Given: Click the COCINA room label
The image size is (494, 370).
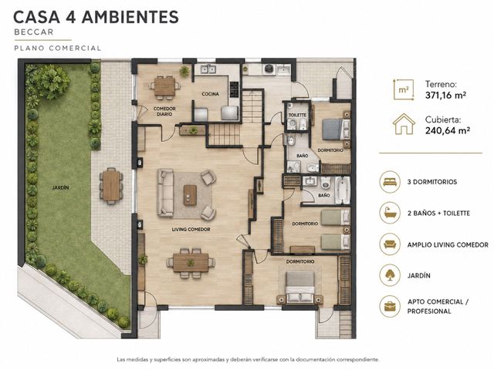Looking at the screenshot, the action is click(x=210, y=94).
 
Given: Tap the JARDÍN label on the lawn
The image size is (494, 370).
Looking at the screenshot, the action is click(x=60, y=188).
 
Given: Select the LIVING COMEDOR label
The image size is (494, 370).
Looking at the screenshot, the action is click(x=191, y=230).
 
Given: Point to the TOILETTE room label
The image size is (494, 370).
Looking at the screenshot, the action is click(x=297, y=115).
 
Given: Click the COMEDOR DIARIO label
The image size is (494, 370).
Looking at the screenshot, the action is click(x=164, y=111).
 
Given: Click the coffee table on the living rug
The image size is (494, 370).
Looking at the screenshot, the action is click(x=190, y=195).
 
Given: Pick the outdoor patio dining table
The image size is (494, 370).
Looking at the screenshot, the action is click(x=111, y=186).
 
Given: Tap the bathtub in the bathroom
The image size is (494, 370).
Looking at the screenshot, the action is click(x=343, y=190).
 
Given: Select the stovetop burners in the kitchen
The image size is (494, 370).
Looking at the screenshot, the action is click(x=234, y=89).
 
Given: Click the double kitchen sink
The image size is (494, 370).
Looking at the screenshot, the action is click(x=208, y=69).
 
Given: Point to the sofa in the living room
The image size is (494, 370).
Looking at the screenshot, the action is click(x=165, y=193).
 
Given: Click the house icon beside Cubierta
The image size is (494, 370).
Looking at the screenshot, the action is click(x=404, y=124).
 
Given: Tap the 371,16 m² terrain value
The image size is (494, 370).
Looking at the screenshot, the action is click(x=446, y=95).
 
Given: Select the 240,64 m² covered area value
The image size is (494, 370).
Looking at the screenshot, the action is click(x=448, y=130).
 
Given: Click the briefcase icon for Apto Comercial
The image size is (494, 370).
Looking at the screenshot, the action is click(x=390, y=306).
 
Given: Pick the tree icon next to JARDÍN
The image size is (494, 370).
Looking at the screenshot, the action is click(x=390, y=275).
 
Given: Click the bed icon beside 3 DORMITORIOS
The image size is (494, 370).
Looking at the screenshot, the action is click(x=390, y=182).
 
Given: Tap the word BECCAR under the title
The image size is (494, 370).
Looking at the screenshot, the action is click(x=34, y=32).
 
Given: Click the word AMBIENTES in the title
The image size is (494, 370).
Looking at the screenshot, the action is click(x=130, y=17).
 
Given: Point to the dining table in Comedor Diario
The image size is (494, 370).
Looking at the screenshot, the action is click(x=164, y=86).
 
